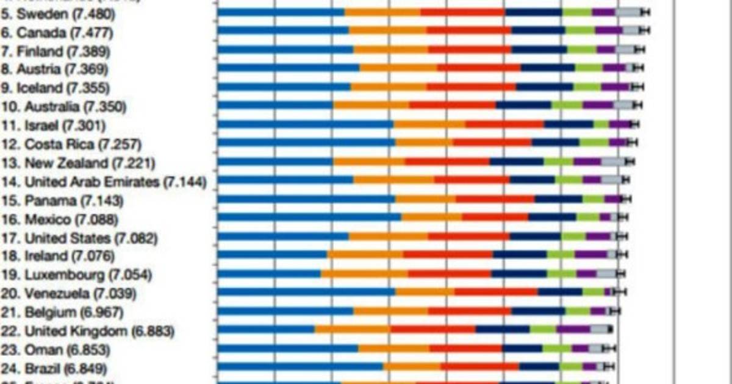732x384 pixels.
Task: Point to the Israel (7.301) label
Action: pos(54,126)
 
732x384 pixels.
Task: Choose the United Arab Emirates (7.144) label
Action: pos(103,182)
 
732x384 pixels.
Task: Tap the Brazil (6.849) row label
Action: pos(54,369)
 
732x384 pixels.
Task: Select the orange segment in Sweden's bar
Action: pos(382,12)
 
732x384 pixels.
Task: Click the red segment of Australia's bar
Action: pos(452,105)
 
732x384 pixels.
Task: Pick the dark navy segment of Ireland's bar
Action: pos(520,255)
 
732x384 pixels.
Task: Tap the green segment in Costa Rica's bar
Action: pos(594,143)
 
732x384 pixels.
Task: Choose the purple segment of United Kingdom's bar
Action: pos(573,330)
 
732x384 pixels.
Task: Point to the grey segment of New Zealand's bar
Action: pos(613,162)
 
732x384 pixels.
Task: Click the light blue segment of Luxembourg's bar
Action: pos(269,274)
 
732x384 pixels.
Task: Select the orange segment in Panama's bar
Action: pos(425,199)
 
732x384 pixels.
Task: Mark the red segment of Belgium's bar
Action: pos(469,311)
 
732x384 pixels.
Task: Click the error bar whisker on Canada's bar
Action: pos(645,30)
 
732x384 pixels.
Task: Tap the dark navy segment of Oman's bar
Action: pos(522,349)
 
